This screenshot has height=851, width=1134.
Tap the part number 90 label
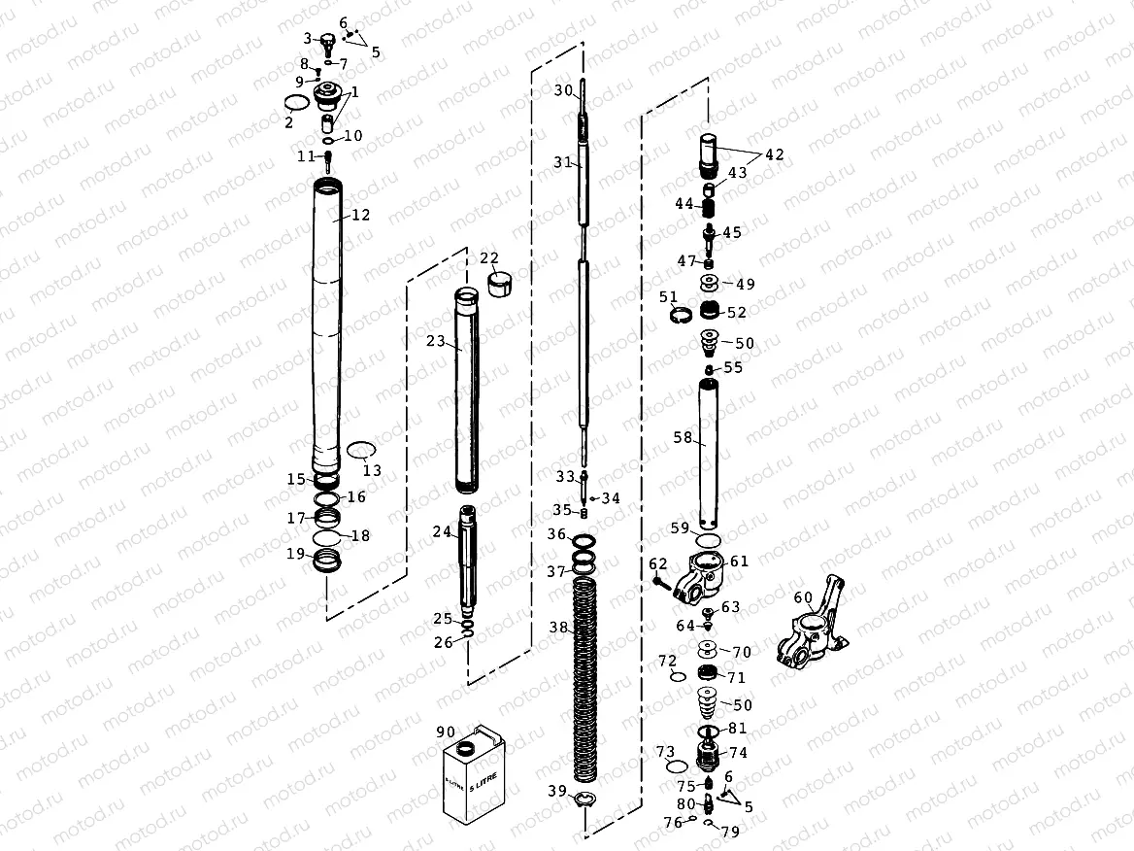click(x=446, y=732)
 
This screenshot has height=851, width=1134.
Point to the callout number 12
click(x=361, y=215)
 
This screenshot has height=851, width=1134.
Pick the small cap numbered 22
click(x=496, y=287)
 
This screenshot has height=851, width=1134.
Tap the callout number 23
click(x=435, y=341)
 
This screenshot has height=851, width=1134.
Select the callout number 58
click(x=683, y=438)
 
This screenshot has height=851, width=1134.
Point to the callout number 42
click(x=775, y=154)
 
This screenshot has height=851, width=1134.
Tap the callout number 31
click(x=563, y=162)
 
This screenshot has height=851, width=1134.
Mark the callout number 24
click(x=442, y=531)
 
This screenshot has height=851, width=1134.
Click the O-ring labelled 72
click(x=678, y=677)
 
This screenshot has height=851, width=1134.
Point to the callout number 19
click(x=295, y=554)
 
